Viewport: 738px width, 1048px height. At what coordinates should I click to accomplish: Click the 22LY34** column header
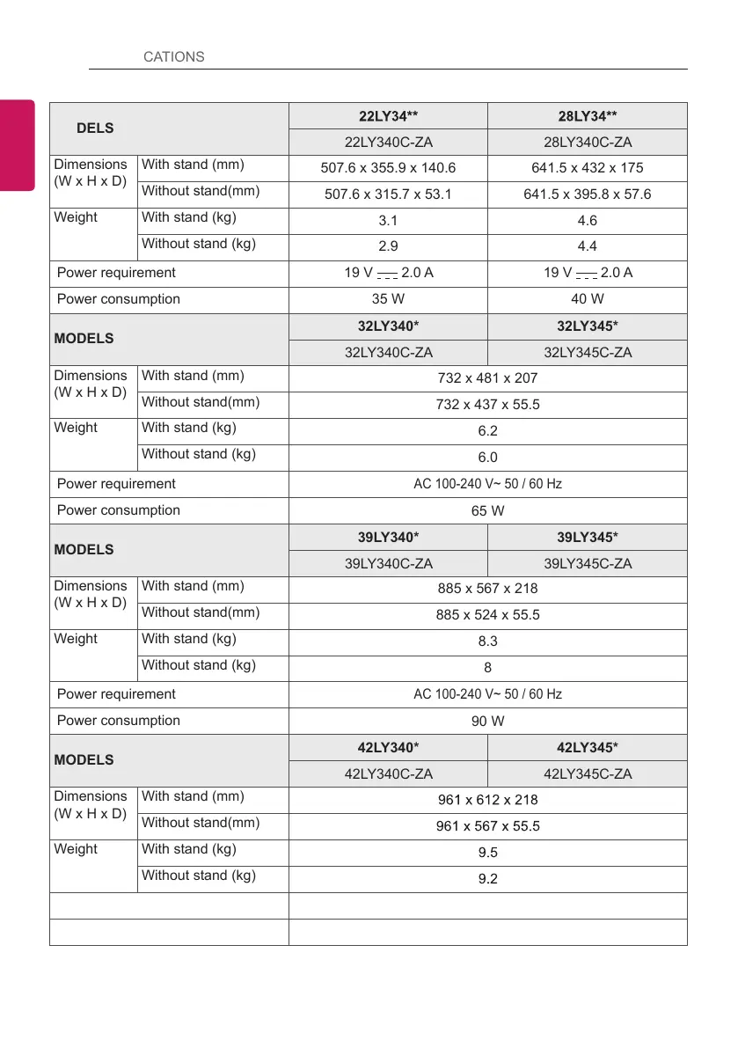[388, 116]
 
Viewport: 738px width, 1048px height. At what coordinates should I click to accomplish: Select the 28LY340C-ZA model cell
[588, 143]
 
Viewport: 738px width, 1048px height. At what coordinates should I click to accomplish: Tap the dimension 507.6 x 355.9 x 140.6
[388, 168]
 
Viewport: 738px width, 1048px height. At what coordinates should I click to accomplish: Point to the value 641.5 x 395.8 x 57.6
[588, 194]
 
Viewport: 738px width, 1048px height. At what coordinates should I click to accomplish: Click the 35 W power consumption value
[388, 299]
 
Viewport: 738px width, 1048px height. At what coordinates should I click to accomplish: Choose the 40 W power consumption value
[588, 299]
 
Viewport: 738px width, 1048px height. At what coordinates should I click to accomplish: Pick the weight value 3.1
[388, 221]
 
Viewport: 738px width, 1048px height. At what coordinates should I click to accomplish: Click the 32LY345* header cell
[588, 326]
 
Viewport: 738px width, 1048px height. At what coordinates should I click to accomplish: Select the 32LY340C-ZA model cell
[388, 353]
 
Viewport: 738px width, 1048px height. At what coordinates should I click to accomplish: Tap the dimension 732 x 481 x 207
[487, 378]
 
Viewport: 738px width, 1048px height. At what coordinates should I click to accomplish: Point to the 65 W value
[487, 510]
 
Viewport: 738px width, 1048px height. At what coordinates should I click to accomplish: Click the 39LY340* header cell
[388, 538]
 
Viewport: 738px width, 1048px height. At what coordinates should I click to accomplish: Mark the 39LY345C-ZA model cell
[588, 564]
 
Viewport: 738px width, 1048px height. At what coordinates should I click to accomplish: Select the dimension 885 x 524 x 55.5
[487, 615]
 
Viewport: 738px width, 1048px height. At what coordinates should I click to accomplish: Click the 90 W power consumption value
[487, 722]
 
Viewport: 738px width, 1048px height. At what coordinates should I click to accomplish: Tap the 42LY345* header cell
[588, 748]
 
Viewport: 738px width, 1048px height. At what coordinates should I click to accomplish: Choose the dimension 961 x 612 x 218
[487, 800]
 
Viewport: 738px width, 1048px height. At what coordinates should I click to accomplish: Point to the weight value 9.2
[487, 878]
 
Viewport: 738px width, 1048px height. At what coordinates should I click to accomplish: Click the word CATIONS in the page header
[173, 56]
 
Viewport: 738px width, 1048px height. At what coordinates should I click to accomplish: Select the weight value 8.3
[487, 642]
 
